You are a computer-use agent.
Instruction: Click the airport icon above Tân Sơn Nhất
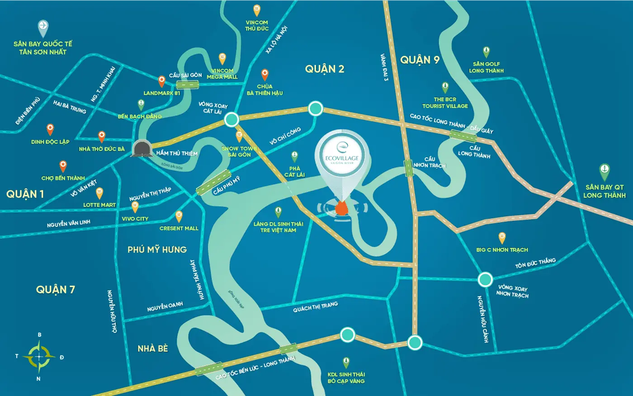(43, 28)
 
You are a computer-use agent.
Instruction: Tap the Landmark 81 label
(162, 93)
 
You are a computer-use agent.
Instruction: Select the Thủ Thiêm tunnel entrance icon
(142, 148)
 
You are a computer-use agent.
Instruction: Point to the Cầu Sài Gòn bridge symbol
(188, 84)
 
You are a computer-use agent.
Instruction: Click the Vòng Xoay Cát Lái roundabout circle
(231, 119)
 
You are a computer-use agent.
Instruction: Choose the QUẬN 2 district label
(325, 69)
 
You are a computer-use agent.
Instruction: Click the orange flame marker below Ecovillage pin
(342, 209)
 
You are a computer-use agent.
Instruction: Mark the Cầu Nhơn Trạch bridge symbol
(409, 168)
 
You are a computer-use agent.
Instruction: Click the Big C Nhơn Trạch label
(502, 250)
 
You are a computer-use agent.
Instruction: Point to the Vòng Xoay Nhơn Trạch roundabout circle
(485, 279)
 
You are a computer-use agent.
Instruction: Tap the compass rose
(39, 357)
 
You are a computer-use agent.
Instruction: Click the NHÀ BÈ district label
(153, 349)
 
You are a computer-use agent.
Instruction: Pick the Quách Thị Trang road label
(315, 307)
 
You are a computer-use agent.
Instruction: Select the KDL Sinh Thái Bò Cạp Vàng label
(346, 377)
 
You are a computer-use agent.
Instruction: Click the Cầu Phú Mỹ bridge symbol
(214, 183)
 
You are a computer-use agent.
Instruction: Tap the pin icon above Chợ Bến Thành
(63, 166)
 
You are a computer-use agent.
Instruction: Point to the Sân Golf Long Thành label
(486, 67)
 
